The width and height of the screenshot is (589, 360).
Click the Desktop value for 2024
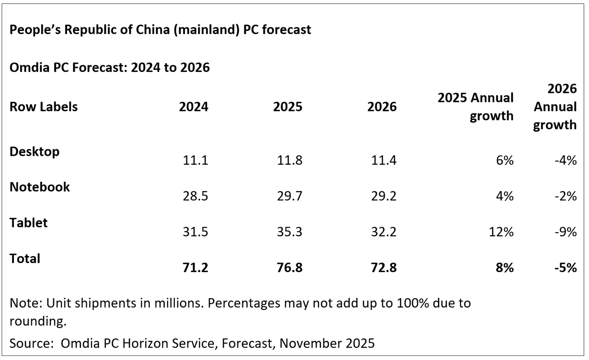pyautogui.click(x=195, y=160)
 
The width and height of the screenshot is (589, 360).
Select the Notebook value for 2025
pyautogui.click(x=290, y=196)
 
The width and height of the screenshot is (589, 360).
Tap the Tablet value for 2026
pyautogui.click(x=384, y=232)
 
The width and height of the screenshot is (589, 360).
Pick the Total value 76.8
pyautogui.click(x=290, y=268)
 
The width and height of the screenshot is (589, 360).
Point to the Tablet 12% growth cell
pyautogui.click(x=501, y=232)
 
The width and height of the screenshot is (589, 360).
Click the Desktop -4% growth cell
pyautogui.click(x=566, y=160)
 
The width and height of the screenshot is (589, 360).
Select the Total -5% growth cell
pyautogui.click(x=566, y=268)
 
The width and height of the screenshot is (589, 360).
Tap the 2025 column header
pyautogui.click(x=288, y=107)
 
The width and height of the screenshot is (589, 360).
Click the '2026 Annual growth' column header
pyautogui.click(x=555, y=107)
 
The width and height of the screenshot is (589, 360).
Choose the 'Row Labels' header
pyautogui.click(x=43, y=107)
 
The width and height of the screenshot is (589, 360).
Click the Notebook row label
pyautogui.click(x=40, y=187)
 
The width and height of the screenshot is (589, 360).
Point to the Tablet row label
pyautogui.click(x=29, y=223)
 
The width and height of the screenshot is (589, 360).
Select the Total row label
pyautogui.click(x=25, y=259)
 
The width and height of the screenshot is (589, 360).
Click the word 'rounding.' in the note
pyautogui.click(x=38, y=321)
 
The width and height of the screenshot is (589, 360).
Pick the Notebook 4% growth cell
pyautogui.click(x=505, y=196)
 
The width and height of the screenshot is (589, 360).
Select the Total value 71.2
pyautogui.click(x=195, y=268)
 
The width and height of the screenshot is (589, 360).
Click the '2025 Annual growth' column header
pyautogui.click(x=475, y=107)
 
